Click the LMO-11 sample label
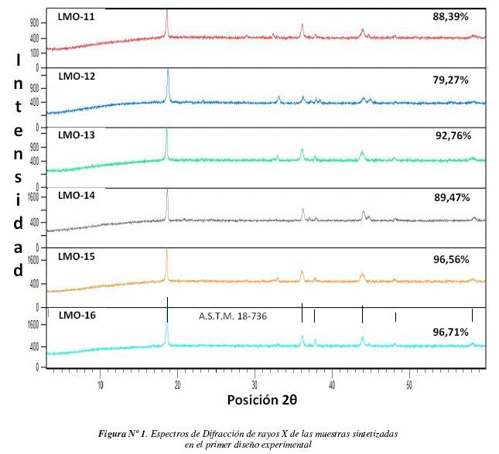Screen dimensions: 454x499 [75, 15]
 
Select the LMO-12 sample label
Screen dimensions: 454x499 [76, 77]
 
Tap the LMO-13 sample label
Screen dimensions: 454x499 [76, 135]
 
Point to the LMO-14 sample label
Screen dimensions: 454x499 [76, 196]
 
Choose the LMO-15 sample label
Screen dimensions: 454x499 [76, 257]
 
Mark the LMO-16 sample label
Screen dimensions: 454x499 [76, 316]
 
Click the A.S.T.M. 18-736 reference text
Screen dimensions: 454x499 [233, 316]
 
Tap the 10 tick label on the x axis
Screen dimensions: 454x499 [101, 384]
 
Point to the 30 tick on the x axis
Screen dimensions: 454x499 [255, 384]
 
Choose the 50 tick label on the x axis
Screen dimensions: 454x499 [409, 384]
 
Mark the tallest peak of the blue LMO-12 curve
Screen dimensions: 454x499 [168, 72]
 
